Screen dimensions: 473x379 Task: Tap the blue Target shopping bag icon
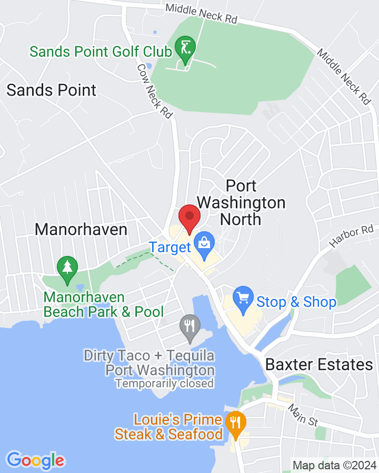click(x=203, y=243)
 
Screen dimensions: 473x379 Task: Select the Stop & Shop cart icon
click(x=243, y=298)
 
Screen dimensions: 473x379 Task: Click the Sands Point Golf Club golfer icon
click(x=185, y=48)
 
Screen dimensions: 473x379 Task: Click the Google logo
click(x=35, y=461)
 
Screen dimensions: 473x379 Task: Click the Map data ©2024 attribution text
click(x=334, y=465)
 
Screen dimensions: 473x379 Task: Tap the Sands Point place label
click(x=52, y=90)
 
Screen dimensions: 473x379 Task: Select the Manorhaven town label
click(x=81, y=230)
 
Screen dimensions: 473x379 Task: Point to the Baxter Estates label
click(x=319, y=364)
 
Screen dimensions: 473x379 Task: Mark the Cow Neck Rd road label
click(x=155, y=91)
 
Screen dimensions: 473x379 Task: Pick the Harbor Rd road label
click(x=352, y=236)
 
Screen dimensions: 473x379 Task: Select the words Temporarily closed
click(x=165, y=384)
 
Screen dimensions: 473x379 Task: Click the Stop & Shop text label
click(x=296, y=302)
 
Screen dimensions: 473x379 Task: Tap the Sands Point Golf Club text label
click(x=101, y=52)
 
